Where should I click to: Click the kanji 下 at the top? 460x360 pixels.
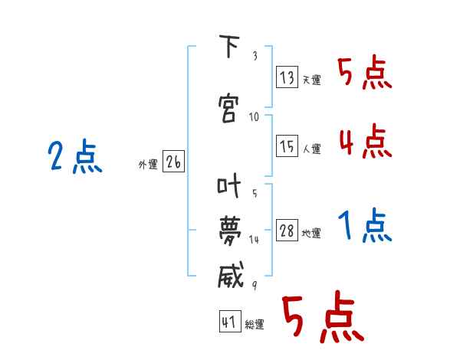tap(229, 46)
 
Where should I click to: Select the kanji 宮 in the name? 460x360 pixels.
tap(228, 108)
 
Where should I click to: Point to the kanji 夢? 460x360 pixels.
tap(230, 231)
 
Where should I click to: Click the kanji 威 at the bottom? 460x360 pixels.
tap(231, 275)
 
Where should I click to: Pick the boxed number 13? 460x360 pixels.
tap(287, 77)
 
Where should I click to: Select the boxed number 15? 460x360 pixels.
tap(287, 146)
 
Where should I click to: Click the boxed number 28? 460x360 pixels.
tap(287, 230)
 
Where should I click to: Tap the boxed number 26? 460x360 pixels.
tap(173, 161)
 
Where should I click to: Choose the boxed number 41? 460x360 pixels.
tap(230, 321)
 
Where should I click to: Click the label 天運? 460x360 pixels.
tap(312, 80)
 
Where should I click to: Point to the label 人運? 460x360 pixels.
tap(312, 149)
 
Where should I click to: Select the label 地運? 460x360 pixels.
tap(311, 233)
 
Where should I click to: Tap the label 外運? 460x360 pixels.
tap(148, 164)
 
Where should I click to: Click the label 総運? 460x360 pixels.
tap(255, 324)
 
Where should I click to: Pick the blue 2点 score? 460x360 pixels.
tap(75, 156)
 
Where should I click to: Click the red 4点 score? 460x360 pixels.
tap(366, 141)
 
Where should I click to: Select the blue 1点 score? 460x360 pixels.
tap(365, 225)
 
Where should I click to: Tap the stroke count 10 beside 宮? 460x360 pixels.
tap(254, 117)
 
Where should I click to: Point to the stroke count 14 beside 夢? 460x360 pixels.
tap(254, 240)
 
